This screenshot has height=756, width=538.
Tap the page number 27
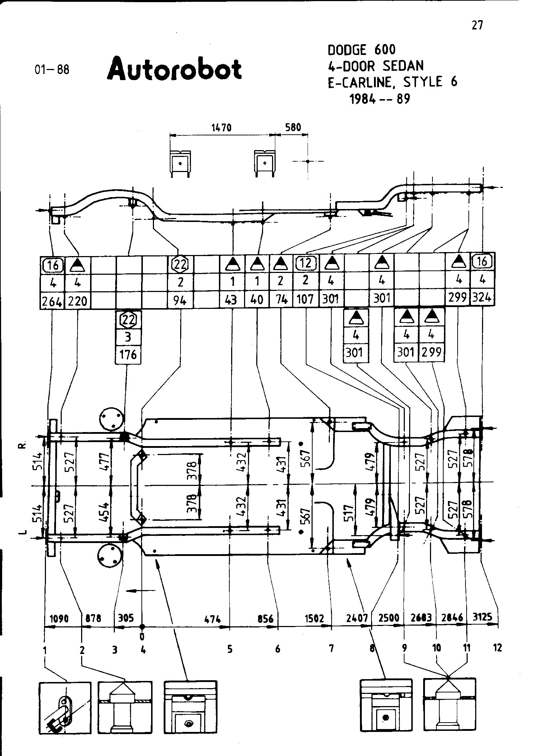[x=477, y=25]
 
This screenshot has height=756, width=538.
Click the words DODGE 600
[x=361, y=50]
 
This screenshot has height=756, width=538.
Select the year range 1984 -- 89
[x=380, y=99]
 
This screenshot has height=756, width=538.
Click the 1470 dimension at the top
[x=221, y=127]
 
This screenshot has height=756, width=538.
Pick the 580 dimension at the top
[x=293, y=127]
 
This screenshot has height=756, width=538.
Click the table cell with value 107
[x=305, y=299]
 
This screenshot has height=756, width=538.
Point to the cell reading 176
[x=128, y=355]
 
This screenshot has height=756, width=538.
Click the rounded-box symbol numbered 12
[x=305, y=263]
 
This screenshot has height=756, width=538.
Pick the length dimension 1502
[x=314, y=618]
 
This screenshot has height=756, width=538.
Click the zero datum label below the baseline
[x=142, y=636]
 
